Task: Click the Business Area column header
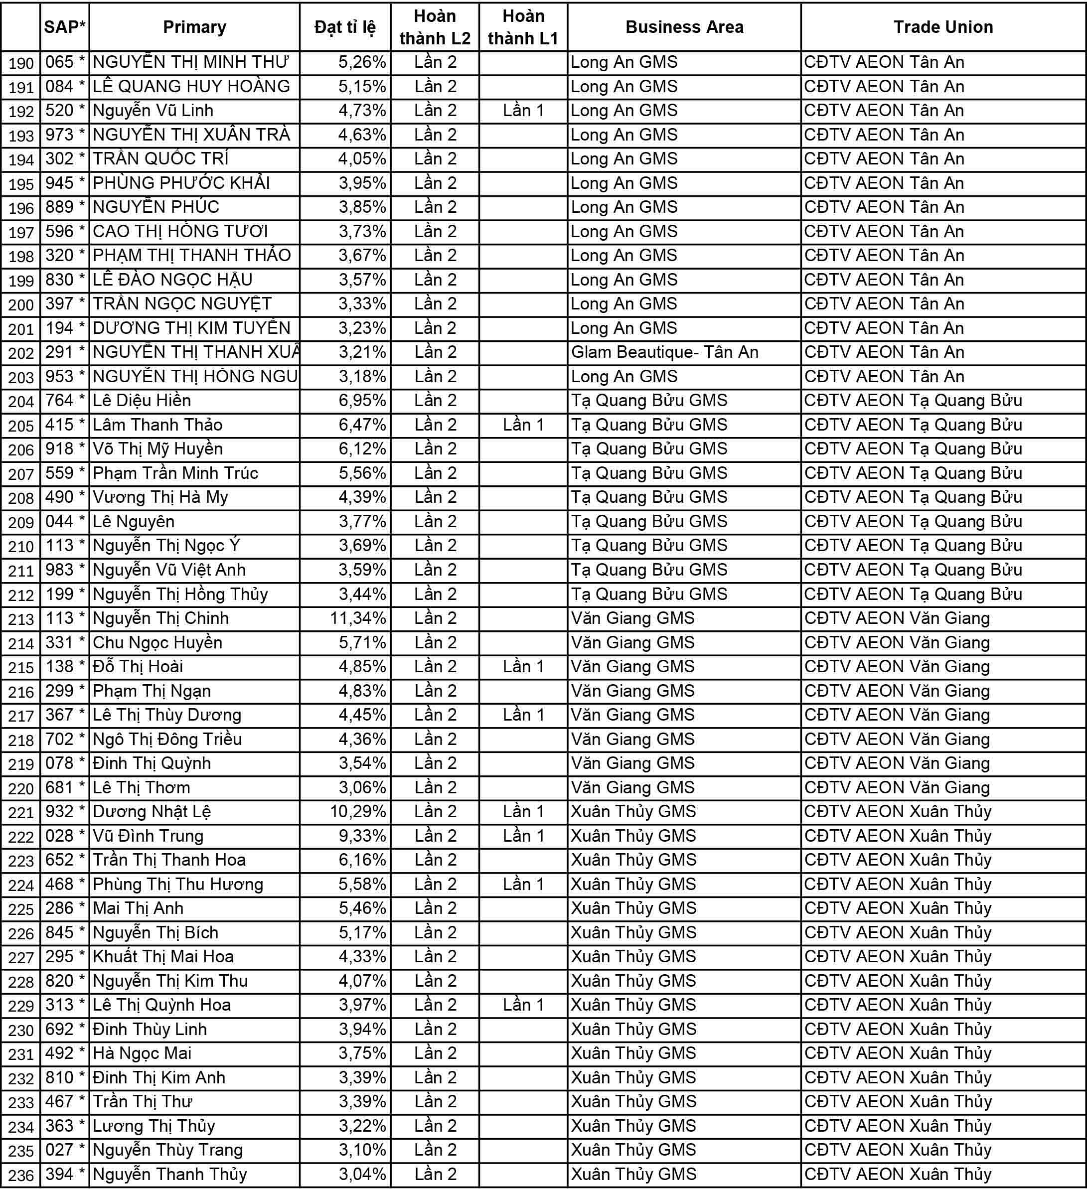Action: [684, 27]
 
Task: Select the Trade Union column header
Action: [942, 27]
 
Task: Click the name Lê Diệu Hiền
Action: [142, 401]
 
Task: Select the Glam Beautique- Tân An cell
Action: [664, 352]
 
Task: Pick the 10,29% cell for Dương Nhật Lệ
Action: [357, 812]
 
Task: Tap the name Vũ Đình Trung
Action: [148, 836]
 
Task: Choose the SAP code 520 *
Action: [65, 110]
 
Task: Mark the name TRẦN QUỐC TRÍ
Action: [160, 158]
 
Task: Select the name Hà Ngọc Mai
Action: [142, 1053]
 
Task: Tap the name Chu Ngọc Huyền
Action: [157, 642]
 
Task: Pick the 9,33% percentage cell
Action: [361, 836]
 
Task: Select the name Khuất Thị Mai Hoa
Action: [163, 957]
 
